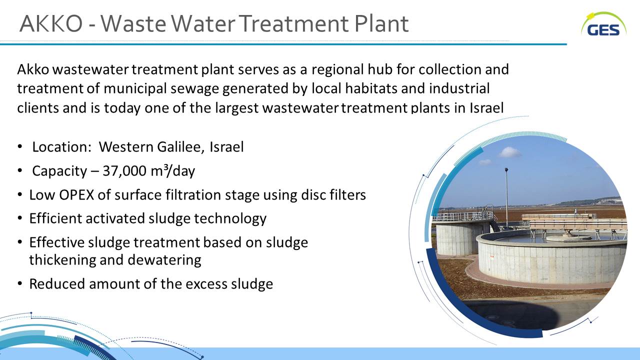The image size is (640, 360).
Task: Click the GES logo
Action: pyautogui.click(x=603, y=25)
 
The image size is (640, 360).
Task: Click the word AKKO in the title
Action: pyautogui.click(x=51, y=23)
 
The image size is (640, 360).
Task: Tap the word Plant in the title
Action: pyautogui.click(x=381, y=23)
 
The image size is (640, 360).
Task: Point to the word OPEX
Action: pyautogui.click(x=76, y=195)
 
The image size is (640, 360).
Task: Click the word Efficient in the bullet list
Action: pyautogui.click(x=55, y=218)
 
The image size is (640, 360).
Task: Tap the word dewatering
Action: pyautogui.click(x=164, y=260)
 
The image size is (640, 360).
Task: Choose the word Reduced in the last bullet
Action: pyautogui.click(x=57, y=283)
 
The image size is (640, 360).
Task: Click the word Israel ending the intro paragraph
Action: pyautogui.click(x=486, y=107)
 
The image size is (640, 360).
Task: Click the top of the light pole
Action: pyautogui.click(x=506, y=169)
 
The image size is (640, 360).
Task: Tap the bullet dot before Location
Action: pyautogui.click(x=19, y=146)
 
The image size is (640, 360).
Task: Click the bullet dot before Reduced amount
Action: pyautogui.click(x=19, y=283)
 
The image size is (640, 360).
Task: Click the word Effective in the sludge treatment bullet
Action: pyautogui.click(x=57, y=242)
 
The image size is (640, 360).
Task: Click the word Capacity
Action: pyautogui.click(x=59, y=171)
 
